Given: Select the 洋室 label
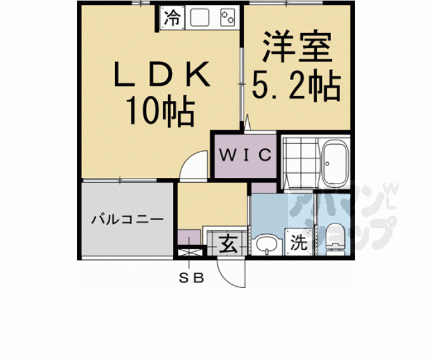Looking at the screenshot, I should [x=296, y=48].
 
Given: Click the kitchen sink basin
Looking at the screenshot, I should [x=200, y=18].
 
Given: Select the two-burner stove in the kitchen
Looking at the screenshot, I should [x=228, y=18].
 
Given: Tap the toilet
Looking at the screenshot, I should [x=334, y=239].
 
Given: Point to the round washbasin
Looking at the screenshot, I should [x=267, y=243].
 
